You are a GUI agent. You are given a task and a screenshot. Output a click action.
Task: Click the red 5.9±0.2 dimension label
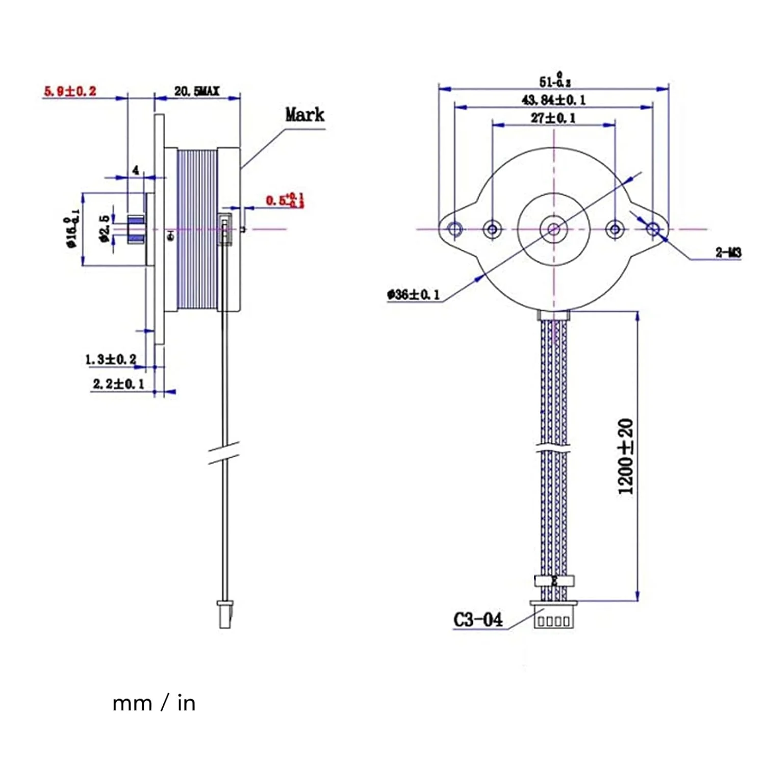tap(70, 91)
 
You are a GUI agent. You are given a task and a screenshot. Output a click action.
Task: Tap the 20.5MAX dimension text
tap(196, 91)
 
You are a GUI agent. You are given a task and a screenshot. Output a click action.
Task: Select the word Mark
tap(304, 114)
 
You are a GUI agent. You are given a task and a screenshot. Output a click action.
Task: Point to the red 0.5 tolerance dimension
tap(285, 200)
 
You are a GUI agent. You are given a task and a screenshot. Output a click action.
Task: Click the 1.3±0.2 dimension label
tap(111, 359)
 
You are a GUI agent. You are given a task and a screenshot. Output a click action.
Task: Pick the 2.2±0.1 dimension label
tap(118, 384)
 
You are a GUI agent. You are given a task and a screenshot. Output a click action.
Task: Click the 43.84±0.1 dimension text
tap(553, 99)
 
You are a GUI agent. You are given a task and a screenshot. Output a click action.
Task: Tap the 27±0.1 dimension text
tap(553, 118)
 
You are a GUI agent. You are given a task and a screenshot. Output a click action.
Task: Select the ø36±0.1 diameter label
tap(413, 294)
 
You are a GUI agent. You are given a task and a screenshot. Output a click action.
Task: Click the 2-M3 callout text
tap(728, 252)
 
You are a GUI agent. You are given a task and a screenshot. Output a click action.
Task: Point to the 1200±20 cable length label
tap(626, 456)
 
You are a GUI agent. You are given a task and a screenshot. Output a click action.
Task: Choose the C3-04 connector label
tap(478, 620)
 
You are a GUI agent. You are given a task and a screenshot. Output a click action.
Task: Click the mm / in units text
tap(154, 703)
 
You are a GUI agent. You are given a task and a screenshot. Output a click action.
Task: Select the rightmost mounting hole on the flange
tap(653, 228)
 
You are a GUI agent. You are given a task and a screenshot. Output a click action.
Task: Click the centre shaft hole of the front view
tap(553, 228)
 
